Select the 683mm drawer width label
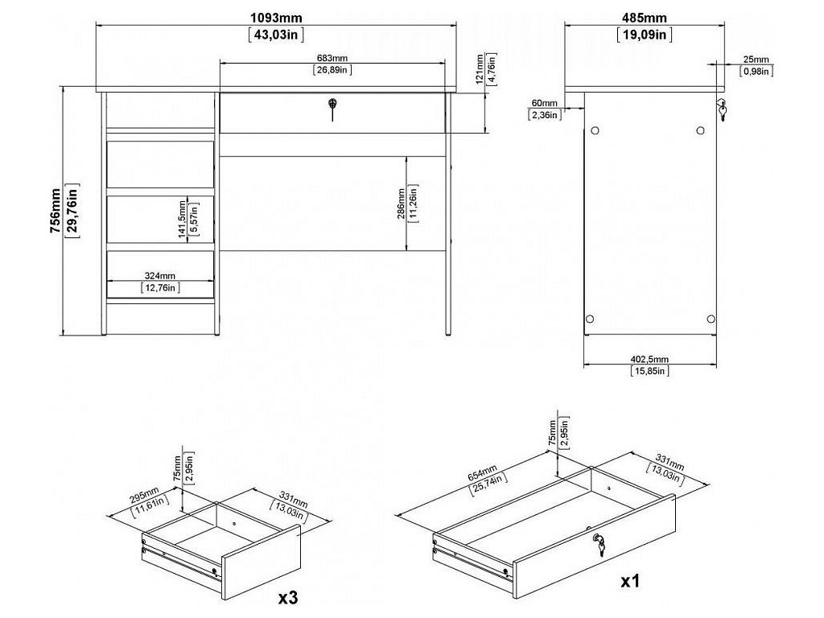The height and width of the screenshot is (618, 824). [x=331, y=57]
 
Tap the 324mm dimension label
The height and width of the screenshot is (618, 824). [x=160, y=275]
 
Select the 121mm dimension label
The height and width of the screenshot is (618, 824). [x=480, y=71]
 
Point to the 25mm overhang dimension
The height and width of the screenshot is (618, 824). [x=756, y=59]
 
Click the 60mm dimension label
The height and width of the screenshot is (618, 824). [x=544, y=103]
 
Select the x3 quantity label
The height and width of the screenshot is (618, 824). [x=290, y=598]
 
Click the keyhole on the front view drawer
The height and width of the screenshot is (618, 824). [x=331, y=105]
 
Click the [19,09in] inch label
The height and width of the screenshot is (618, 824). [x=644, y=34]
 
